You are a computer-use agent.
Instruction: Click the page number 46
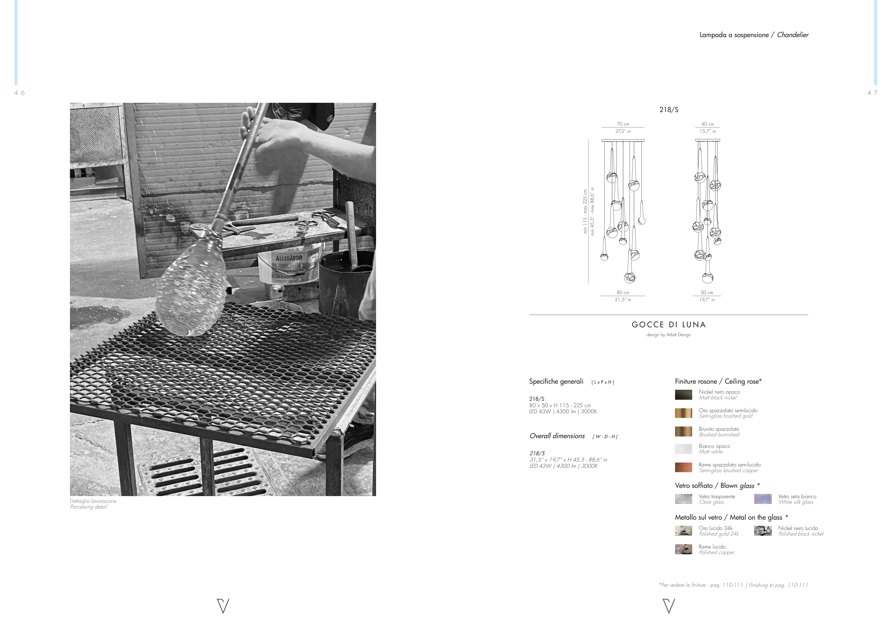pos(19,93)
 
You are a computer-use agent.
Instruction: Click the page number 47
pos(872,93)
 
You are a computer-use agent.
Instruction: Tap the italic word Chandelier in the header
pos(792,35)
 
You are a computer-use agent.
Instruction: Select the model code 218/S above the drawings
pos(669,110)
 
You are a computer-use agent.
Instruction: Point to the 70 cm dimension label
pos(623,124)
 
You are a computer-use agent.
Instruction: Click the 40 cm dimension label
pos(708,124)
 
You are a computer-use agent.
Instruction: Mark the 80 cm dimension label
pos(623,293)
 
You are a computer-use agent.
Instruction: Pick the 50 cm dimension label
pos(707,293)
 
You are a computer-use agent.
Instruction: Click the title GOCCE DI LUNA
pos(669,325)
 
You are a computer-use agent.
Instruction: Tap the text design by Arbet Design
pos(669,335)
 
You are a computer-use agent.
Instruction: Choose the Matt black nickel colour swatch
pos(683,395)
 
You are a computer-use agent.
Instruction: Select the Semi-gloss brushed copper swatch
pos(683,468)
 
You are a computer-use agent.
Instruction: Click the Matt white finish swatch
pos(683,449)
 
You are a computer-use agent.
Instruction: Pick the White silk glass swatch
pos(762,499)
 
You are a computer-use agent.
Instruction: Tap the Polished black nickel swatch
pos(762,531)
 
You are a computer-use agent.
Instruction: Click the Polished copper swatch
pos(683,549)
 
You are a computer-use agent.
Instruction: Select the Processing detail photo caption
pos(88,507)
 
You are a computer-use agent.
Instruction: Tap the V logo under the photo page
pos(223,606)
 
